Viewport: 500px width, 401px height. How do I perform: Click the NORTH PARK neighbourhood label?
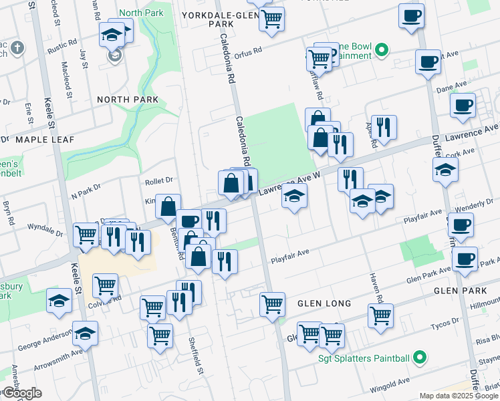coord(128,100)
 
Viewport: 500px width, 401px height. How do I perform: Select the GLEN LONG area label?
coord(324,303)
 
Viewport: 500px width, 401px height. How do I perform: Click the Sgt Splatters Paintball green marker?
coord(420,358)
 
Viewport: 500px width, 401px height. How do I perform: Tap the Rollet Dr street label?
coord(159,180)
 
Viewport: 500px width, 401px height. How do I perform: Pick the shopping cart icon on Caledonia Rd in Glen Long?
coord(272,304)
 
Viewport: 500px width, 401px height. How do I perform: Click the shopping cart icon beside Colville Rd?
coord(106,285)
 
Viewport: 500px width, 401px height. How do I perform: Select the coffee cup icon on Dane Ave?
coord(463,105)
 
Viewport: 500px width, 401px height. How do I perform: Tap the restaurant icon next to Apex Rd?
coord(384,126)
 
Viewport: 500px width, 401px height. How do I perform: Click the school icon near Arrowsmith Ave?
coord(86,332)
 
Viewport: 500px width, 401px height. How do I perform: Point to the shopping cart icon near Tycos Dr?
coord(380,314)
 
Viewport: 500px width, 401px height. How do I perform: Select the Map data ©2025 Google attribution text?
coord(458,395)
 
